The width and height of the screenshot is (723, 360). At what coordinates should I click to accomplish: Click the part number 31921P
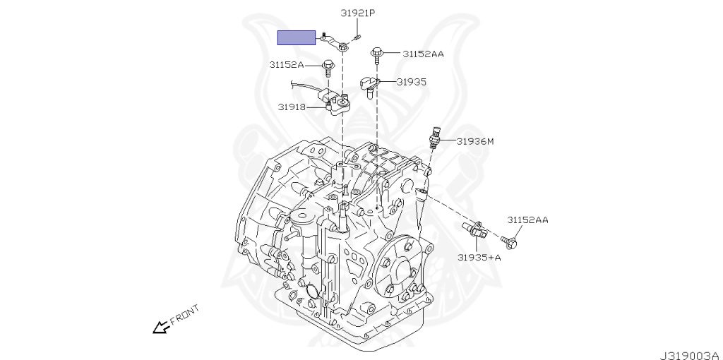[x=358, y=13]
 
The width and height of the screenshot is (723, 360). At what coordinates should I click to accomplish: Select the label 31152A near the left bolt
[x=286, y=64]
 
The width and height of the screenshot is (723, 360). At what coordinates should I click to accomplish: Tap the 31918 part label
[x=291, y=107]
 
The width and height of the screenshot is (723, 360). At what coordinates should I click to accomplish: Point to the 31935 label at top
[x=411, y=82]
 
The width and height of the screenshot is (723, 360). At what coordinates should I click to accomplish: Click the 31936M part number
[x=474, y=141]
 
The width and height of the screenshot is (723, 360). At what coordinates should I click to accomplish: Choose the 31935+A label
[x=479, y=257]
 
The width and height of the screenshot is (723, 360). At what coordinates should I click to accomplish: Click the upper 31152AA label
[x=424, y=54]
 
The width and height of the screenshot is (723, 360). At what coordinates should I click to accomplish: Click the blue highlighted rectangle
[x=296, y=37]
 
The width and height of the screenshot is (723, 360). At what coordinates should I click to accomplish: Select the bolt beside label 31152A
[x=328, y=67]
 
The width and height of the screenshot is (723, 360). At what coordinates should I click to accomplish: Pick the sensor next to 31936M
[x=437, y=136]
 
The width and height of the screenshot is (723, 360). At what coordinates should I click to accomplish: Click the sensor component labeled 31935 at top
[x=371, y=85]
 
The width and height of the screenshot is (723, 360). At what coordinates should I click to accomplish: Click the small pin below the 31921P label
[x=358, y=37]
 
